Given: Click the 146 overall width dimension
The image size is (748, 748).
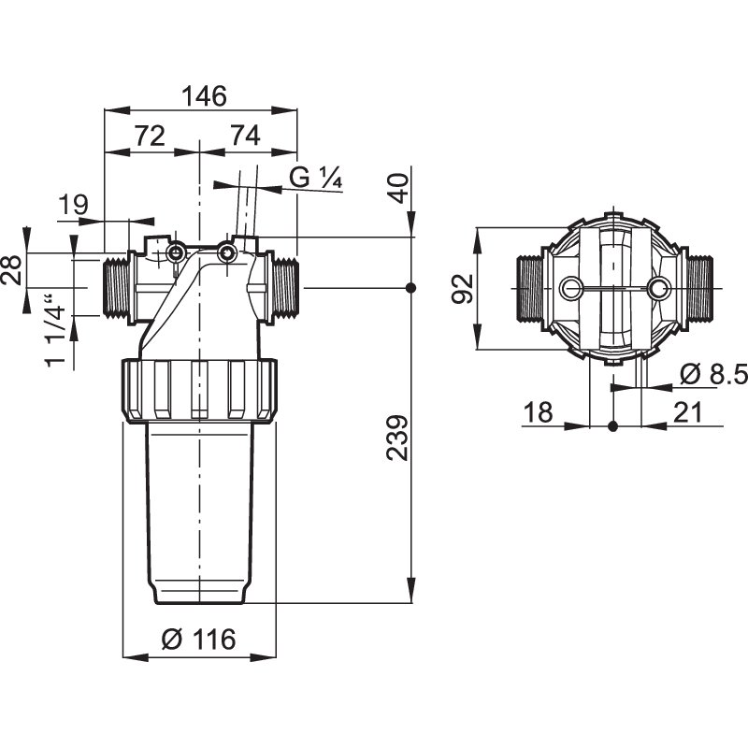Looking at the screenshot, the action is [x=206, y=96].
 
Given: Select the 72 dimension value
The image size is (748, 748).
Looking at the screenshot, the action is [x=150, y=136].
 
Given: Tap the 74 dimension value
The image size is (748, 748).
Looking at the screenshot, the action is [x=246, y=136].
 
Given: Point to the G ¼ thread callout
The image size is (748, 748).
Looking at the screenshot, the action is [x=316, y=178].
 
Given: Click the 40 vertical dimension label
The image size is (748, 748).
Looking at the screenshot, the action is [x=398, y=189].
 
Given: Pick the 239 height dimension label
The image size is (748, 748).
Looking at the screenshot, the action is [x=397, y=438].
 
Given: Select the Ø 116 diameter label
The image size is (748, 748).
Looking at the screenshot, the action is [x=199, y=639].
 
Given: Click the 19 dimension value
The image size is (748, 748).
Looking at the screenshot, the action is [x=74, y=205].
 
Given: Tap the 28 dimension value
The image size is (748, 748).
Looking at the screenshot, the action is [x=12, y=270].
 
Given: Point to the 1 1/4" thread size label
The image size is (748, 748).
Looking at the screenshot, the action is [x=56, y=331].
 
